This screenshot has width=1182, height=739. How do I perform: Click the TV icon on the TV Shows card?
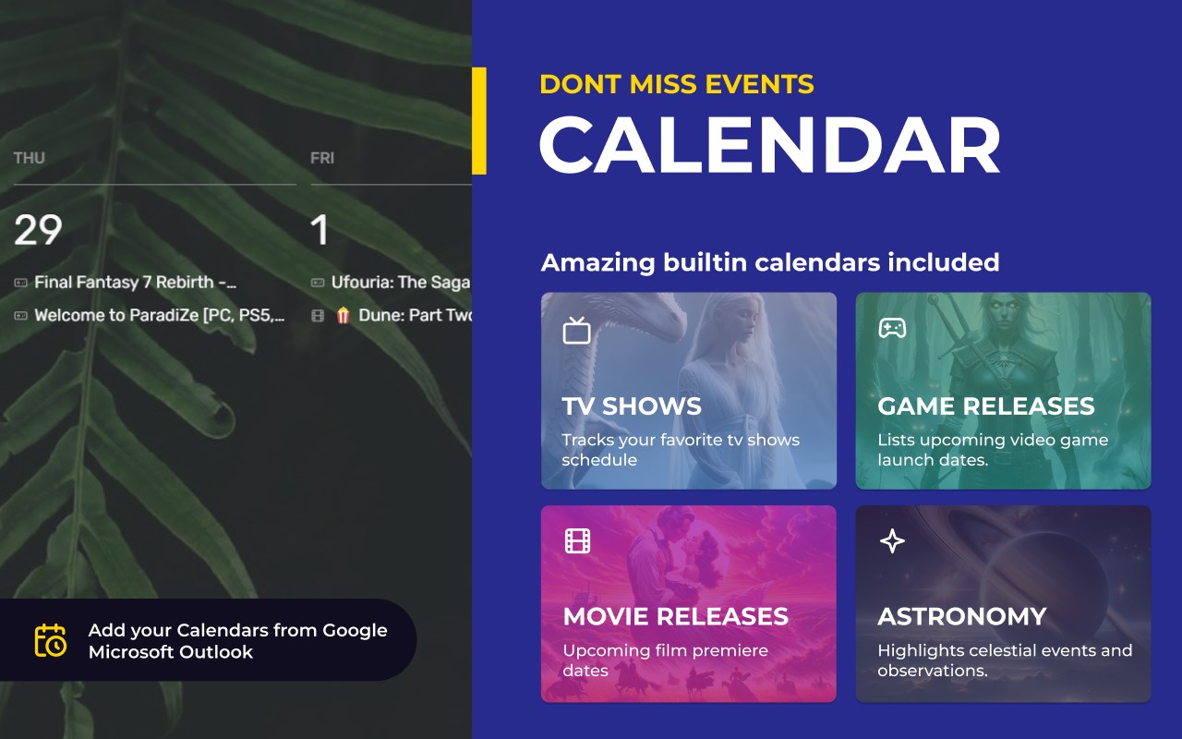tap(576, 331)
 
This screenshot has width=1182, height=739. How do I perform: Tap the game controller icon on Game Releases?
tap(892, 328)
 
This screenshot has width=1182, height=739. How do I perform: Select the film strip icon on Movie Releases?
tap(577, 540)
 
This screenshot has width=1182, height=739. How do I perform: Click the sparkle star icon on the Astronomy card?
tap(892, 541)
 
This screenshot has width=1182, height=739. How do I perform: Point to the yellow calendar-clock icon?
tap(51, 640)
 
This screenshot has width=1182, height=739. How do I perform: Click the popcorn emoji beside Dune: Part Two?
tap(343, 315)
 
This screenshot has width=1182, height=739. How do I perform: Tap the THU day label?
tap(29, 158)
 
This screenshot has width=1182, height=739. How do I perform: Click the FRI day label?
tap(322, 158)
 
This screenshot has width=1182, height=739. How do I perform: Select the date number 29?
tap(38, 230)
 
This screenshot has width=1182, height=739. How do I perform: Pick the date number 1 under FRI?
tap(320, 230)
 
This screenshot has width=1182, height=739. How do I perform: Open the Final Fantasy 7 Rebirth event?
tap(135, 283)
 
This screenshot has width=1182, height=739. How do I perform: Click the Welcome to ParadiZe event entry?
tap(160, 315)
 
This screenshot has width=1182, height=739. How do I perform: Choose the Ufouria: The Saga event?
tap(401, 283)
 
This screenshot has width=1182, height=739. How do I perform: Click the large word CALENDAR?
tap(770, 145)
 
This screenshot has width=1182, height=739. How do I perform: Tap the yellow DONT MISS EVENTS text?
tap(677, 84)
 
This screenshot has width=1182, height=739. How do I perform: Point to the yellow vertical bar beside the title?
tap(479, 121)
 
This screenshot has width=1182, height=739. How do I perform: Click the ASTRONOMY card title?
tap(962, 616)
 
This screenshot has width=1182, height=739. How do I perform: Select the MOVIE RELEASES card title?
tap(676, 616)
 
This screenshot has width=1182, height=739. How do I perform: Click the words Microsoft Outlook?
tap(171, 652)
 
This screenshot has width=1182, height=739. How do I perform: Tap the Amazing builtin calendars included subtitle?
tap(770, 262)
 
